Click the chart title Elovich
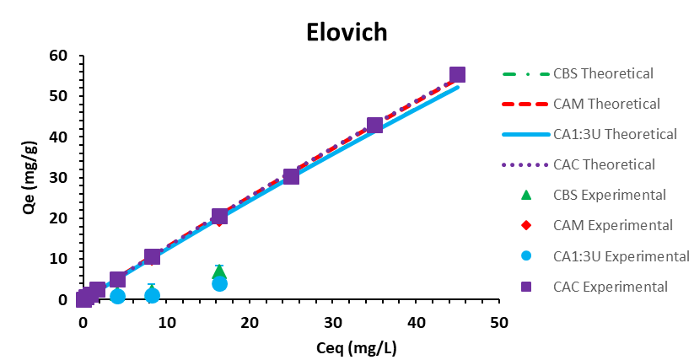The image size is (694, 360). pos(347,32)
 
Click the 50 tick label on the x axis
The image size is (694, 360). pos(499,322)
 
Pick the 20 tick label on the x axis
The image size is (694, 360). pos(250,322)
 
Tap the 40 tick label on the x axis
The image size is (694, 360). pos(416,322)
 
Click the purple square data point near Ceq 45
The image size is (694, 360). pos(457,75)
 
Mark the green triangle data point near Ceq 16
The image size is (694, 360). pos(219,271)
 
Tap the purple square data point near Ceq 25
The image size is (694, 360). pos(291,176)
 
